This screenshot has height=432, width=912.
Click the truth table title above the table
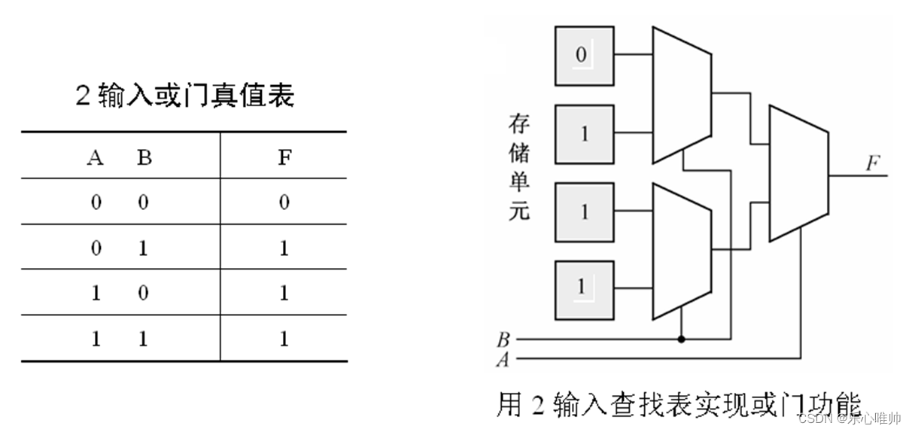pyautogui.click(x=184, y=97)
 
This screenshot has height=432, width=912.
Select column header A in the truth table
pyautogui.click(x=96, y=159)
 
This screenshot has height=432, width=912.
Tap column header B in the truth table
pyautogui.click(x=144, y=159)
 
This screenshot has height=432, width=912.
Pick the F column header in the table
pyautogui.click(x=284, y=159)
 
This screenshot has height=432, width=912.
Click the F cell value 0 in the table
pyautogui.click(x=284, y=202)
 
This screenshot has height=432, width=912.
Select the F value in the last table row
pyautogui.click(x=284, y=339)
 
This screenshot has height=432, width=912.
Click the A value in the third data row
pyautogui.click(x=96, y=294)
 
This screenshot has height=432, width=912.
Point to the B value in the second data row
pyautogui.click(x=144, y=248)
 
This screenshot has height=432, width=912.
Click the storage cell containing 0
pyautogui.click(x=584, y=55)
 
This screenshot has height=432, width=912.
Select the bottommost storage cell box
pyautogui.click(x=584, y=290)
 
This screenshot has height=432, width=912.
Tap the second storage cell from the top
pyautogui.click(x=584, y=134)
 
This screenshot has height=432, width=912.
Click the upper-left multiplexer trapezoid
pyautogui.click(x=681, y=96)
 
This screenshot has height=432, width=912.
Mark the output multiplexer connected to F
pyautogui.click(x=798, y=174)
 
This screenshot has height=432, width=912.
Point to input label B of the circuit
pyautogui.click(x=503, y=339)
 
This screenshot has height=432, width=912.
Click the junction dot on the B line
pyautogui.click(x=682, y=339)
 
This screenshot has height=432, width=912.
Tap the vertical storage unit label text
pyautogui.click(x=519, y=166)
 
